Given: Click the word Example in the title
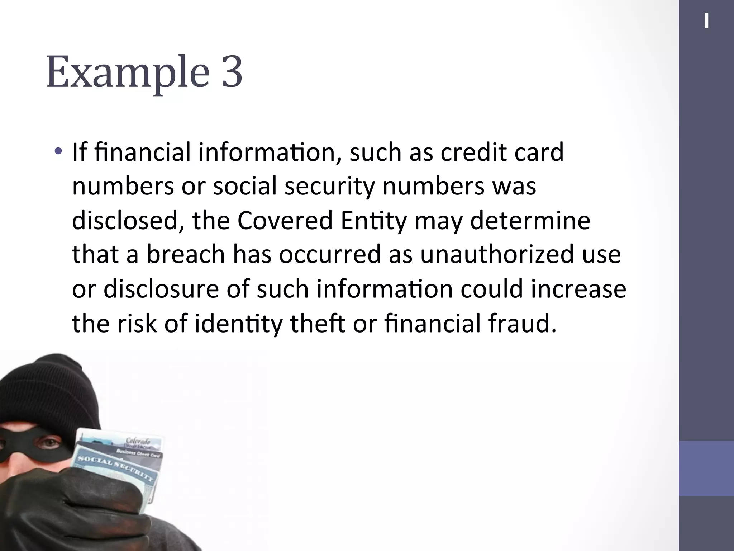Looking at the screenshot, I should [127, 72].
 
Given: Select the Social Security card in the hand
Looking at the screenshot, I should [115, 470].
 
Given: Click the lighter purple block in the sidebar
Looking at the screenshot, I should [706, 468].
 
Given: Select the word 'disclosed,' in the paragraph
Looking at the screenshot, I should [129, 221].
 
